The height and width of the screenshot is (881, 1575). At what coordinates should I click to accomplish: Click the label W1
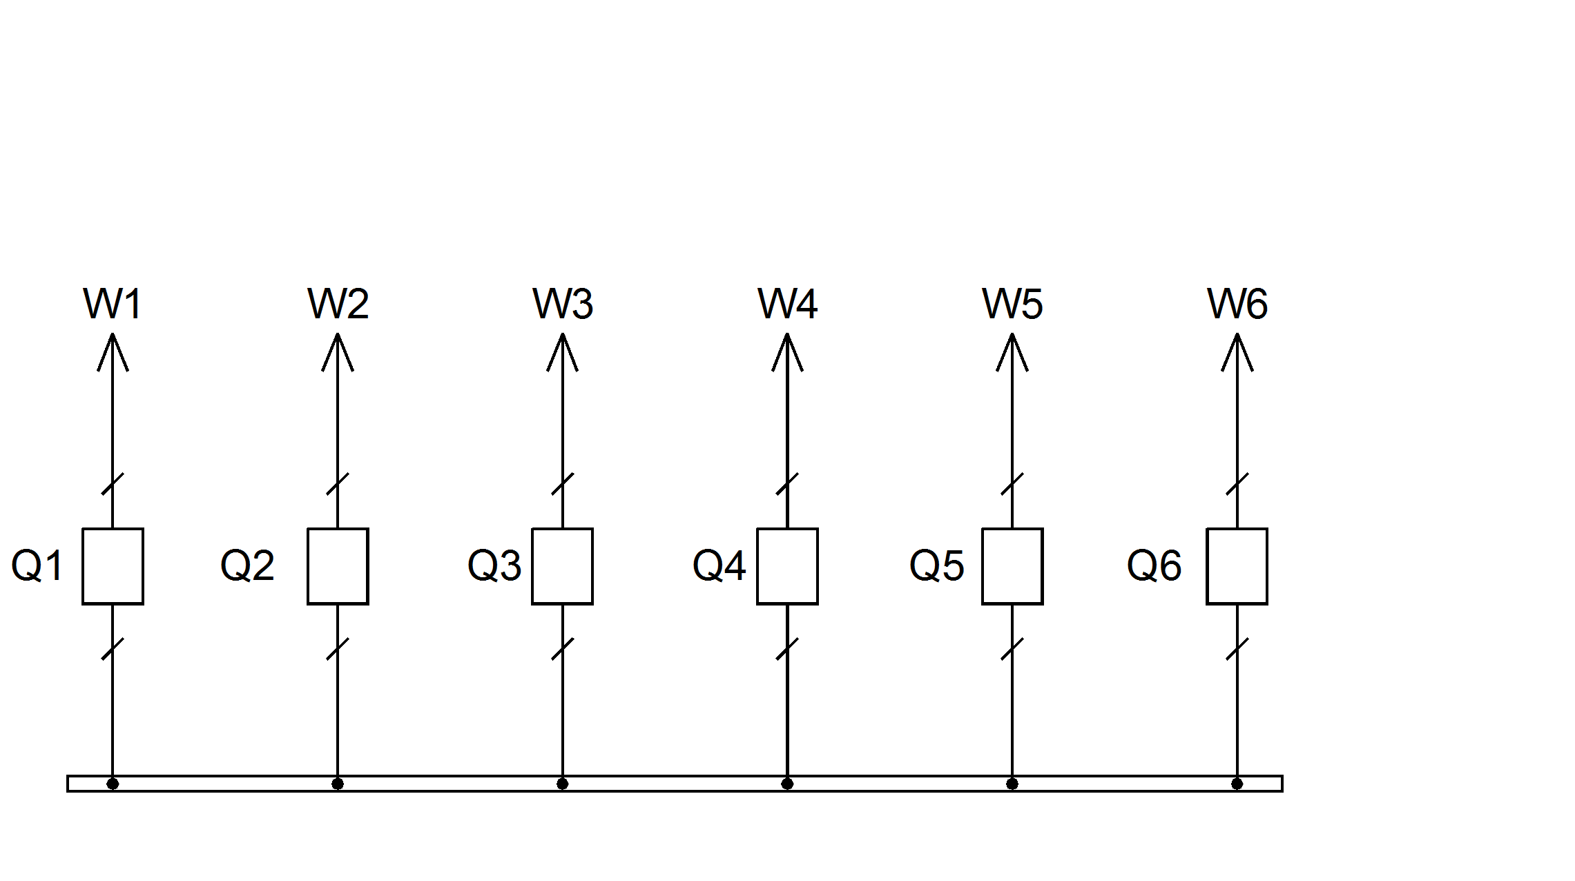click(x=113, y=304)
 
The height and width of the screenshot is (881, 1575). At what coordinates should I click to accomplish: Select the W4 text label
click(x=787, y=304)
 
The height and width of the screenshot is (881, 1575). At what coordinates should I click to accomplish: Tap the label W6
click(x=1237, y=304)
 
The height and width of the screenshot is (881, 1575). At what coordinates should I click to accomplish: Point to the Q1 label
click(x=37, y=565)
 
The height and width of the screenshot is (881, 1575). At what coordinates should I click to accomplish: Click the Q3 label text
click(x=494, y=565)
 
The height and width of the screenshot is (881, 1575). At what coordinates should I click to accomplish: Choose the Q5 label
click(x=936, y=565)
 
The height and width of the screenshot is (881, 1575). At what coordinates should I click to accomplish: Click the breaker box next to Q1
click(x=113, y=566)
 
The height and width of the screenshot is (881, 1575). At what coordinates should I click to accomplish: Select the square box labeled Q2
click(x=338, y=566)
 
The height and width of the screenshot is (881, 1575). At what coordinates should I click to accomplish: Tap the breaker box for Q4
click(x=787, y=566)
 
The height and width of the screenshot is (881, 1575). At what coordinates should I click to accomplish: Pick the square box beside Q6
click(x=1237, y=566)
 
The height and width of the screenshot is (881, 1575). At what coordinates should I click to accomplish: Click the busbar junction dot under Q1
click(x=113, y=784)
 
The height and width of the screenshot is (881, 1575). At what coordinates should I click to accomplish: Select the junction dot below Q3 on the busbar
click(x=562, y=784)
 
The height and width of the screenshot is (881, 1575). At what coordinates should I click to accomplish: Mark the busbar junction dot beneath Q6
click(x=1237, y=784)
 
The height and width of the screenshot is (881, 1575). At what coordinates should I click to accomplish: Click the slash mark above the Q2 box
click(x=338, y=484)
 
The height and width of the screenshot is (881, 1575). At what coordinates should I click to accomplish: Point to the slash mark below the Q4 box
click(x=787, y=649)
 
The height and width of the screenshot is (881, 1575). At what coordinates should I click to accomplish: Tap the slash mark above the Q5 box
click(x=1012, y=484)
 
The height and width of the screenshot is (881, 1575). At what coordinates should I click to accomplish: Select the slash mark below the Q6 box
click(x=1237, y=649)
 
